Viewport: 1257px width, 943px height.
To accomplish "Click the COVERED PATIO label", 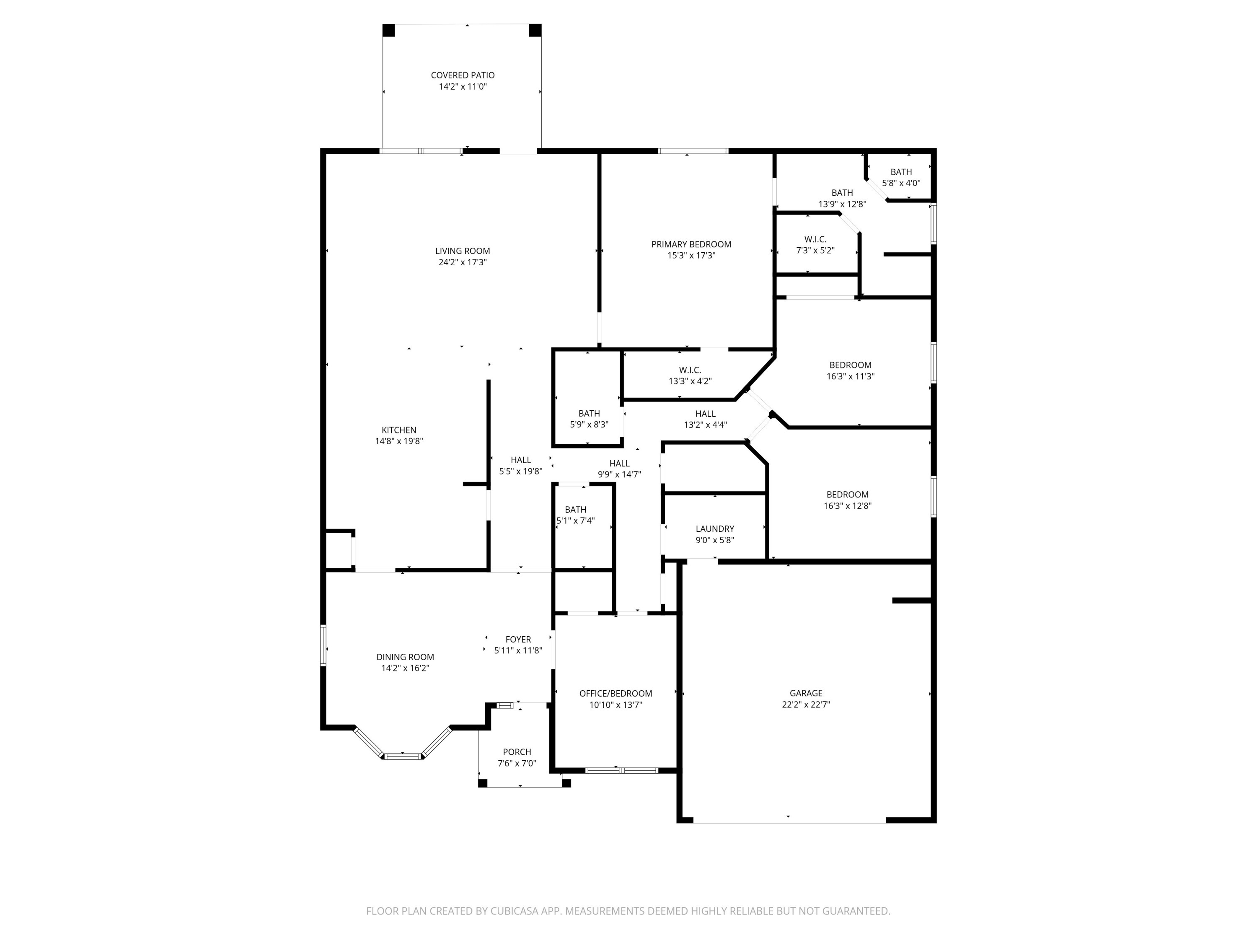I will (x=463, y=75).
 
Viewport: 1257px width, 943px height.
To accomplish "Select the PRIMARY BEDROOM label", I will (x=691, y=244).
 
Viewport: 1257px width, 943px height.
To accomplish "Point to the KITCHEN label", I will (x=399, y=430).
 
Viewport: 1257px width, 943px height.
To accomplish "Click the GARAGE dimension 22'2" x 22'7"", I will (x=806, y=704).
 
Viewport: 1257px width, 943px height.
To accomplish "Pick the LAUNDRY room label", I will (x=715, y=528).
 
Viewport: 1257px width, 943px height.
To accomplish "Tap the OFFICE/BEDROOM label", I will (x=616, y=694).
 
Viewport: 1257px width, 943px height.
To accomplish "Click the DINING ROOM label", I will (x=405, y=657).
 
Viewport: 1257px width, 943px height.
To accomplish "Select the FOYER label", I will (x=518, y=640).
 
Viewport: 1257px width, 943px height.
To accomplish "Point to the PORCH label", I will (x=517, y=752).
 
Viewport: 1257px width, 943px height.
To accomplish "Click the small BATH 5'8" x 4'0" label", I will (x=901, y=172).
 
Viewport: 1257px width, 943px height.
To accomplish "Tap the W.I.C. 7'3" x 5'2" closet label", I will (x=815, y=239).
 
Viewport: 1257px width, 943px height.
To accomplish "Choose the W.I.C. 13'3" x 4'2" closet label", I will (x=690, y=370).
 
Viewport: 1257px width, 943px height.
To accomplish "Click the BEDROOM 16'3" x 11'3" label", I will (x=850, y=365).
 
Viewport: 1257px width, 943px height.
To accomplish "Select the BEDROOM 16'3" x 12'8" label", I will (x=847, y=495).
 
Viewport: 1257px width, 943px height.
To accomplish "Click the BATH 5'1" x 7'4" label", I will (x=576, y=510).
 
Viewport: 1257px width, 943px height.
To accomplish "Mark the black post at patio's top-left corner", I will (x=389, y=30).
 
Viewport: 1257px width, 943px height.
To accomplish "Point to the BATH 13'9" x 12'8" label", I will (x=842, y=193).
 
